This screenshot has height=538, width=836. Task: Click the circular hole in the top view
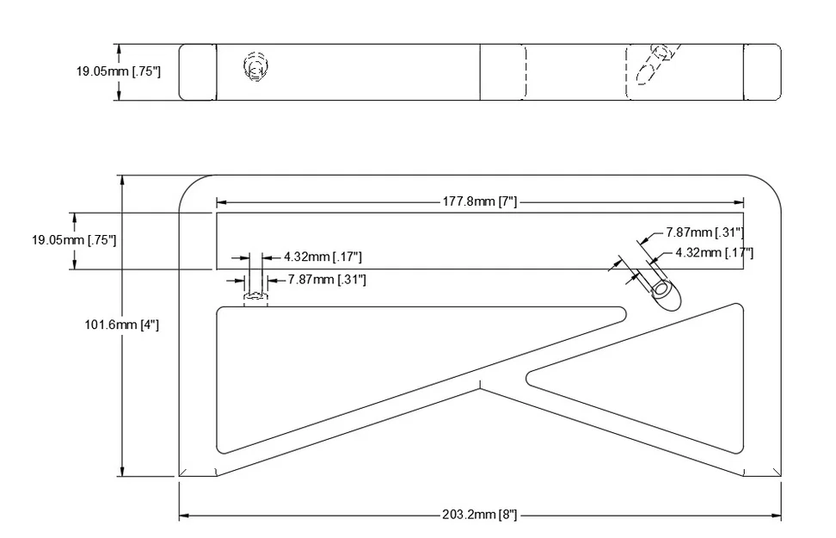(255, 67)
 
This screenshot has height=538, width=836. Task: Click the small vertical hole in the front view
(255, 298)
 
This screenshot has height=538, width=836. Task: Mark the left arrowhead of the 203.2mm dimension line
(183, 516)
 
